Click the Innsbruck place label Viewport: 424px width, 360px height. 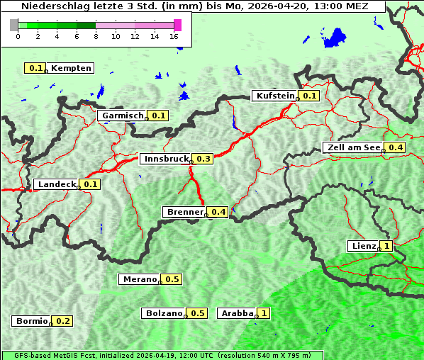tap(166, 159)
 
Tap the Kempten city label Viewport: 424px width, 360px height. tap(71, 68)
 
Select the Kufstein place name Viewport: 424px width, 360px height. tap(274, 96)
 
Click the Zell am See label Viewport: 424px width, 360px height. tap(352, 147)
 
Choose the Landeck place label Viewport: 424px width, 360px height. tap(56, 184)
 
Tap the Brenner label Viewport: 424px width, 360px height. tap(184, 212)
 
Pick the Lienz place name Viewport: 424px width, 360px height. tap(364, 246)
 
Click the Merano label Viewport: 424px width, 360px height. tap(139, 279)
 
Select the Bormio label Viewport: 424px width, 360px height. tap(31, 321)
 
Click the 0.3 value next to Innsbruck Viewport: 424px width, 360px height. tap(203, 159)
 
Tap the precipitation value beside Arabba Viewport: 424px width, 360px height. tap(264, 313)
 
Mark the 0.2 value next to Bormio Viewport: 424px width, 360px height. tap(63, 321)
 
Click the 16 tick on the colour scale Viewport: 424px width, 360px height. tap(174, 36)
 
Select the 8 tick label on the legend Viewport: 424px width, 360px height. tap(96, 36)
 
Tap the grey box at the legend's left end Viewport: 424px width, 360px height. tap(14, 25)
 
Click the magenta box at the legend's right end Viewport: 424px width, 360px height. tap(177, 25)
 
